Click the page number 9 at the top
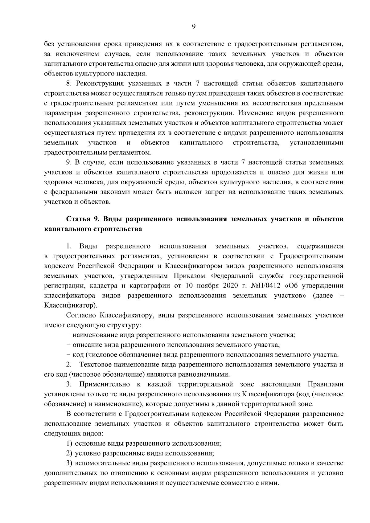pos(193,27)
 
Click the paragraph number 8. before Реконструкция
pos(69,84)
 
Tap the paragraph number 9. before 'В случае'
pos(69,162)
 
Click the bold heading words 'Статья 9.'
pos(82,219)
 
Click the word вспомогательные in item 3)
pos(100,463)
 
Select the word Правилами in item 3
pos(325,384)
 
